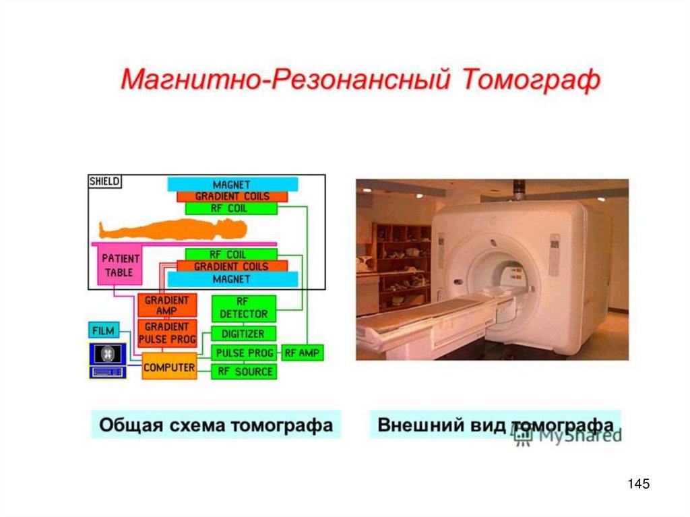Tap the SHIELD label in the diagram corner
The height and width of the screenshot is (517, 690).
(x=104, y=181)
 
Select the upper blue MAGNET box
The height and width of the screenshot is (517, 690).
(x=232, y=184)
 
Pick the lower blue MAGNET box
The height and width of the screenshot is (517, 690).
(x=231, y=278)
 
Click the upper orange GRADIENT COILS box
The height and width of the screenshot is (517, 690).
(x=232, y=196)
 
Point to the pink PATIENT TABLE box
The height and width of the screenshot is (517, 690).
(x=121, y=265)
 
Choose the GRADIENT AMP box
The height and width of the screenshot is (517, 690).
(x=166, y=305)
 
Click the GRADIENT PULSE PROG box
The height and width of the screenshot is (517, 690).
(x=166, y=332)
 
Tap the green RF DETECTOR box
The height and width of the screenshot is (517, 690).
(x=243, y=307)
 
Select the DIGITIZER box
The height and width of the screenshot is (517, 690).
(x=243, y=333)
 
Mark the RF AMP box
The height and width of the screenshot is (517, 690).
(x=303, y=353)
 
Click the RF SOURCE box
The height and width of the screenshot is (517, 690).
(x=243, y=371)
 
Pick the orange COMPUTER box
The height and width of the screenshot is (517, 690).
(x=168, y=367)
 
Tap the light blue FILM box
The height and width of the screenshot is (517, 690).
(x=103, y=330)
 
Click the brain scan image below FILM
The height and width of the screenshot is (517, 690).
(x=107, y=353)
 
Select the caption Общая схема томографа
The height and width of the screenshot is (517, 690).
(x=216, y=425)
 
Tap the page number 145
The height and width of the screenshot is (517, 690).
(x=637, y=483)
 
